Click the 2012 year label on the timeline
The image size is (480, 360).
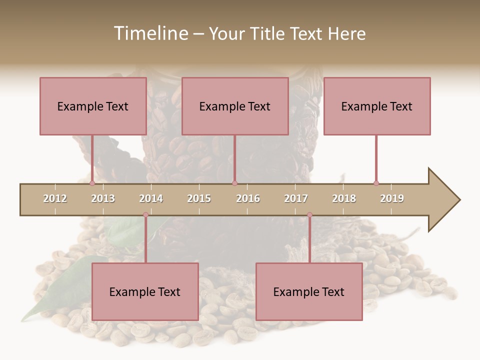[x=55, y=198]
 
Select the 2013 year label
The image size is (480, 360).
[x=103, y=198]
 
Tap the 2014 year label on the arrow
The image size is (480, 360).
[x=151, y=198]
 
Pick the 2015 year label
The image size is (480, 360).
[x=199, y=198]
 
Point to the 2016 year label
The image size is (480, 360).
[x=248, y=198]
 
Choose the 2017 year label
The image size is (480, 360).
[x=296, y=198]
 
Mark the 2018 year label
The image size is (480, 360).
[x=344, y=198]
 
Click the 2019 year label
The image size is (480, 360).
[x=392, y=198]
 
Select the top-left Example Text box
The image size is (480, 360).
[x=93, y=106]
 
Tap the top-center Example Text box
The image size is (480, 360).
[x=235, y=106]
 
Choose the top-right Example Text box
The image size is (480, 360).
[x=377, y=106]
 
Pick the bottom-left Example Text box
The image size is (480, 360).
[x=145, y=291]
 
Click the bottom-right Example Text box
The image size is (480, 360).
[x=309, y=291]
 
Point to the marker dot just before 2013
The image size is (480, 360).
[x=92, y=183]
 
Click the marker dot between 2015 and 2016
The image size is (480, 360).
[x=234, y=183]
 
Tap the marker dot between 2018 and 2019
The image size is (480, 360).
[x=376, y=183]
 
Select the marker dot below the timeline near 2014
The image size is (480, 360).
[x=145, y=214]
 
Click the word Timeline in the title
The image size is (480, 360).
[x=150, y=33]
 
